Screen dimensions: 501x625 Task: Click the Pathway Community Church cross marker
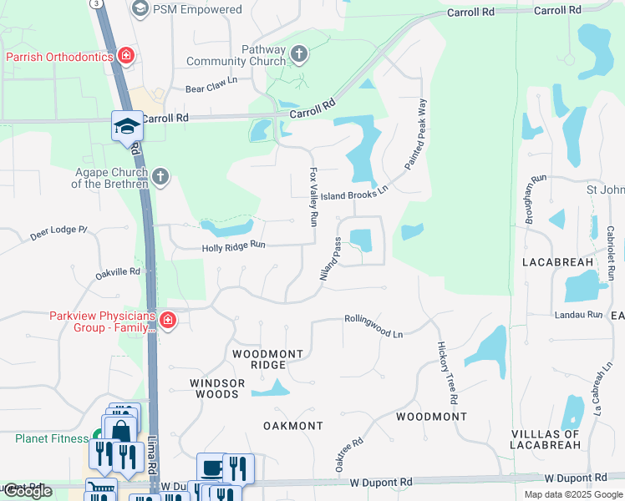298,55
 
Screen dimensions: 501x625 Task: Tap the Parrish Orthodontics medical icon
125,56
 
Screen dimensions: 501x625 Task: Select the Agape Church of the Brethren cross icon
160,176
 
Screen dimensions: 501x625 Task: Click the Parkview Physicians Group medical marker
167,321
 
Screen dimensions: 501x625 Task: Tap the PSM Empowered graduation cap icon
140,9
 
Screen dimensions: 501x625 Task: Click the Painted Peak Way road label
416,134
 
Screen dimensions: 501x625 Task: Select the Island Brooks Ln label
356,191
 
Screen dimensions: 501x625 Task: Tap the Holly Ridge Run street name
233,246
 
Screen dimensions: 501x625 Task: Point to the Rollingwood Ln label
374,326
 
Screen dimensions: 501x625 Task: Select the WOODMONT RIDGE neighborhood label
267,360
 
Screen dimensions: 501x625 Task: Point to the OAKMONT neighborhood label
292,426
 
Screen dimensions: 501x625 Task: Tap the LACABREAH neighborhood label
557,262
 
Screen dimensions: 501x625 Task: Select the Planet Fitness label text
51,438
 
